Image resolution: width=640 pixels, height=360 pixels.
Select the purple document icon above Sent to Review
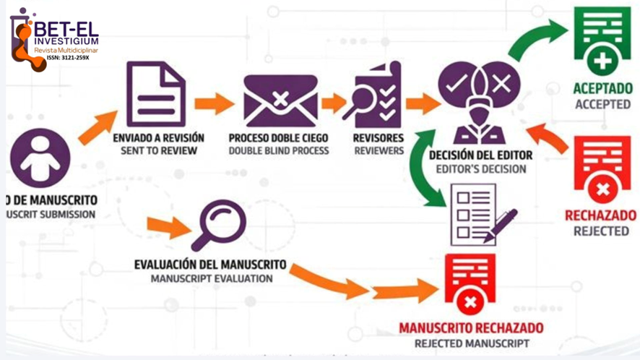[x=155, y=93]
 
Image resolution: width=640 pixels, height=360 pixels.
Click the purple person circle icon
[x=40, y=158]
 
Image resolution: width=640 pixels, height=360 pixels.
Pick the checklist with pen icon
[x=481, y=213]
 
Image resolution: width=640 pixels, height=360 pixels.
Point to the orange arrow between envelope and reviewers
[x=333, y=103]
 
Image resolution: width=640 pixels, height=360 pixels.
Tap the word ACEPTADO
[x=602, y=89]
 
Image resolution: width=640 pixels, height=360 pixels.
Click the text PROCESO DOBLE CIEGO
[x=279, y=138]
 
